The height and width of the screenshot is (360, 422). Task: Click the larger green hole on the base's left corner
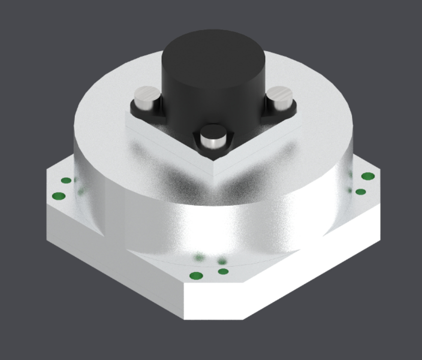coord(59,196)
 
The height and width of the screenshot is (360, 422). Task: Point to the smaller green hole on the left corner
coord(66,181)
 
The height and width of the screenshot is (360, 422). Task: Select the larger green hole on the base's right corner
coord(368,176)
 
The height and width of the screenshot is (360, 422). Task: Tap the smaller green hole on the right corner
coord(360,192)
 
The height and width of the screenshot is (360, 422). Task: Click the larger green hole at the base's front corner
coord(195,276)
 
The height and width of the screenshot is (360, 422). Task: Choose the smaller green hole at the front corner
coord(224,272)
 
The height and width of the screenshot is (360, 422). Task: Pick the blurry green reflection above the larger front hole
coord(199,258)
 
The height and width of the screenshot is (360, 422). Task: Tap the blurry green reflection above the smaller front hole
coord(222,261)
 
